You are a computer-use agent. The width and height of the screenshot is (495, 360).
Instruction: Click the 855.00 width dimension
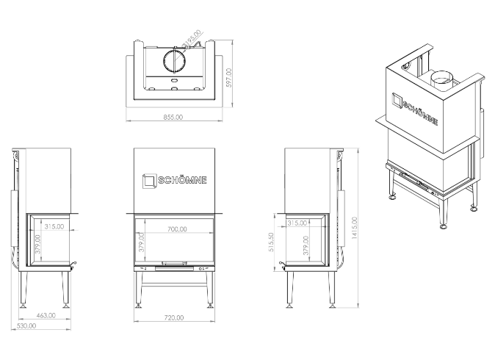tap(174, 116)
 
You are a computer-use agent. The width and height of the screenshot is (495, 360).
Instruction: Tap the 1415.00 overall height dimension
tap(355, 228)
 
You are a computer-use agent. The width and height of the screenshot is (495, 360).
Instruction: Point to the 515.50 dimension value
tap(272, 242)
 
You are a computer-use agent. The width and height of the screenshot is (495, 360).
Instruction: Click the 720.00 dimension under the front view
tap(174, 317)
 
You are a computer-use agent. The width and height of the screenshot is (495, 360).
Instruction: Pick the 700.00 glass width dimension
tap(176, 229)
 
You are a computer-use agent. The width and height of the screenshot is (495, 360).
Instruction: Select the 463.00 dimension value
tap(46, 314)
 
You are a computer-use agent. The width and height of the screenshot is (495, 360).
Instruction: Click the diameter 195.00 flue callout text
tap(192, 39)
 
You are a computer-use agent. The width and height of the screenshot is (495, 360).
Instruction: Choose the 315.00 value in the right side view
tap(297, 223)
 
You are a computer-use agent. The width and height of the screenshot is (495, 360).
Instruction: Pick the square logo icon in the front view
tap(149, 180)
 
